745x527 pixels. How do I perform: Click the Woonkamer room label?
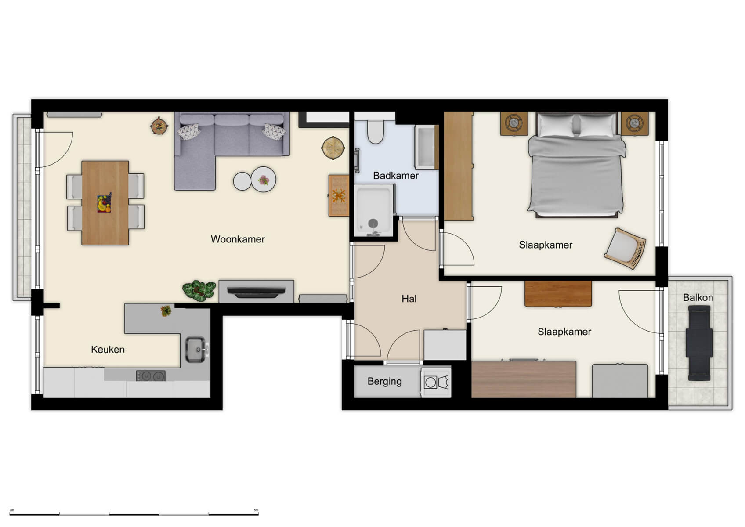238,239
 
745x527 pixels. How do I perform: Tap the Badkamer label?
395,176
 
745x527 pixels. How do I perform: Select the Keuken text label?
108,350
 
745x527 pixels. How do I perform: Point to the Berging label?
384,381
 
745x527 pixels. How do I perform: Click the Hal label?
409,299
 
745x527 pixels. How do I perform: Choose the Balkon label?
698,298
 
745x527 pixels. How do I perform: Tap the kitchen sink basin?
195,349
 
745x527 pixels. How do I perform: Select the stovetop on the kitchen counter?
151,376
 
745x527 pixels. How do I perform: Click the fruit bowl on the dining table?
104,204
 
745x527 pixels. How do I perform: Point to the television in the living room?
257,292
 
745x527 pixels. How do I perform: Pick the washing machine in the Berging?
435,383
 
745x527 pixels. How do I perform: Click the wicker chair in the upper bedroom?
626,248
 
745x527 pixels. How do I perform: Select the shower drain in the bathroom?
373,223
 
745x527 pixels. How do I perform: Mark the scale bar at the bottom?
134,513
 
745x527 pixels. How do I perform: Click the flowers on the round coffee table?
264,180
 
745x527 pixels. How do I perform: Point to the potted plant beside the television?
199,290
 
